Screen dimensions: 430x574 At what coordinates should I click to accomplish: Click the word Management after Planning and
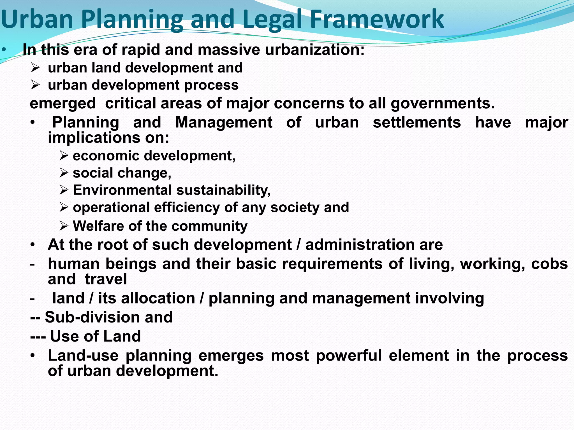pyautogui.click(x=224, y=122)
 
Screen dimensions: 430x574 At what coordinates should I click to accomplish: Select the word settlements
pyautogui.click(x=417, y=122)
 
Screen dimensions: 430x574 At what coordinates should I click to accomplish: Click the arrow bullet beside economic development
pyautogui.click(x=64, y=156)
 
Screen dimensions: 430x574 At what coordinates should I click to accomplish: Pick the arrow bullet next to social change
pyautogui.click(x=64, y=173)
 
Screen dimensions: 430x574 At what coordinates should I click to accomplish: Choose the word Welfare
pyautogui.click(x=98, y=226)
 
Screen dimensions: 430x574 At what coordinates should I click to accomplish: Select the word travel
pyautogui.click(x=106, y=279)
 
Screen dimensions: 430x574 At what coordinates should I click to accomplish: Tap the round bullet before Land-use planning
pyautogui.click(x=33, y=356)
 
